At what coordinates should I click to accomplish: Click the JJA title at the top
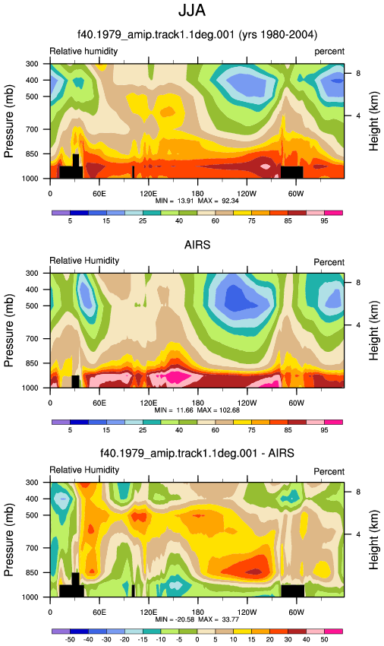192,10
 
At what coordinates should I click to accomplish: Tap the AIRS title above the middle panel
197,245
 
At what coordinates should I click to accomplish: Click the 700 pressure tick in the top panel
32,129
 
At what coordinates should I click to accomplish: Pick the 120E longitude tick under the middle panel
148,403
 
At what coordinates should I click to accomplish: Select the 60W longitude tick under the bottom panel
296,613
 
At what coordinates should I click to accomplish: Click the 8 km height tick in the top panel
358,73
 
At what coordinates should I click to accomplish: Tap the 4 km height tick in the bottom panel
358,534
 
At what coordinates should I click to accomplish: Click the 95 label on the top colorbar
324,221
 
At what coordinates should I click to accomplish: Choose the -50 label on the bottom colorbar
70,639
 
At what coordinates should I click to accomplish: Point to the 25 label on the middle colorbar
143,430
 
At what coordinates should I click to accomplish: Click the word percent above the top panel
329,52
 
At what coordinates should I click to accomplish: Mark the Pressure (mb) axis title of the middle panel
9,331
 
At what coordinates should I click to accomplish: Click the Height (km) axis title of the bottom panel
373,540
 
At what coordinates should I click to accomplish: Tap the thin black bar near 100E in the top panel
133,173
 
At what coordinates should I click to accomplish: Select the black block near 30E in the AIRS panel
75,382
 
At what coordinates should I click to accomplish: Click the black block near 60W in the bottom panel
293,591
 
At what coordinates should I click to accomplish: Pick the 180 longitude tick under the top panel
197,194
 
